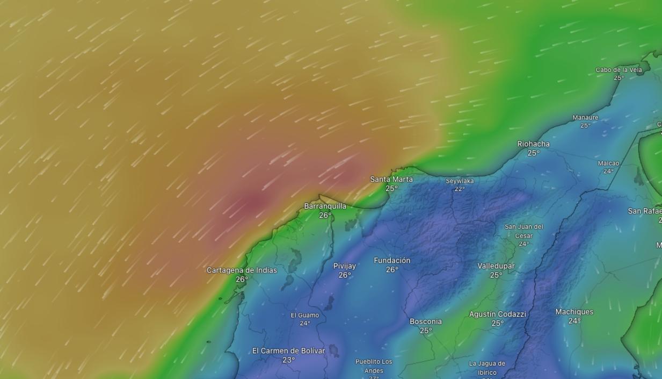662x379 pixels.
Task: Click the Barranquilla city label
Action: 325,206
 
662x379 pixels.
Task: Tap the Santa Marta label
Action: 391,179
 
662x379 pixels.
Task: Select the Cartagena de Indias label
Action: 242,270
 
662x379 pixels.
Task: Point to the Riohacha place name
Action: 533,144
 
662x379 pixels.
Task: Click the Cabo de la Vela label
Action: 619,70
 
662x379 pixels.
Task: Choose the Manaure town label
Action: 585,118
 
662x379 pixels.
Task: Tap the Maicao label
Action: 608,163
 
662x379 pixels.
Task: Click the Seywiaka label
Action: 460,181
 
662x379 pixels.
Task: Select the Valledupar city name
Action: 496,266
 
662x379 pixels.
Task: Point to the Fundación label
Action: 392,260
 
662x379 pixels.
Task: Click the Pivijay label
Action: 344,266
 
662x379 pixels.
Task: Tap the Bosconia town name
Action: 426,321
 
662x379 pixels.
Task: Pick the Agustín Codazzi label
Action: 497,314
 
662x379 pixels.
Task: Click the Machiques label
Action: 574,312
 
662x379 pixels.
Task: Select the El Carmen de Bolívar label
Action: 288,351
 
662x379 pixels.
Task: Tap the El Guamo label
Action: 304,316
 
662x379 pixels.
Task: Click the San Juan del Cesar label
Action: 523,231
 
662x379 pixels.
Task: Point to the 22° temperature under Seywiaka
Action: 460,189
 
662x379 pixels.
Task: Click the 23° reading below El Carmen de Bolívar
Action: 288,360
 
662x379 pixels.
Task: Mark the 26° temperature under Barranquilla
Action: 325,216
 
